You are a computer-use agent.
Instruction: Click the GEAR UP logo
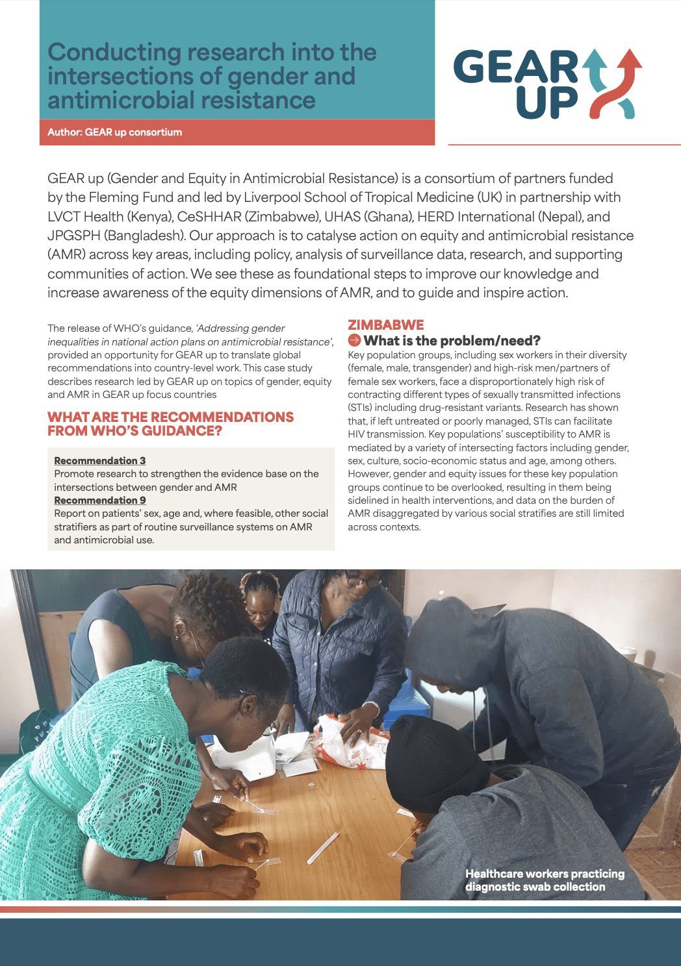547,84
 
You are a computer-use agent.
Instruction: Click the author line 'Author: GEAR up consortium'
114,132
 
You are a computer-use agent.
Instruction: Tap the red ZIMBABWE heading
385,325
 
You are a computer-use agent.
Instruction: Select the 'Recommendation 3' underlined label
100,460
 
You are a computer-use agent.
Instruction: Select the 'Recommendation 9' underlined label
100,500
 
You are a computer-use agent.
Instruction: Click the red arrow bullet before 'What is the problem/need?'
354,340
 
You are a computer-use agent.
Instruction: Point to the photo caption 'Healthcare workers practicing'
545,874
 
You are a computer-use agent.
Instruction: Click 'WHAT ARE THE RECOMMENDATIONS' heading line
170,417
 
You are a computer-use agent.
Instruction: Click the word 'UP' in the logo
546,103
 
